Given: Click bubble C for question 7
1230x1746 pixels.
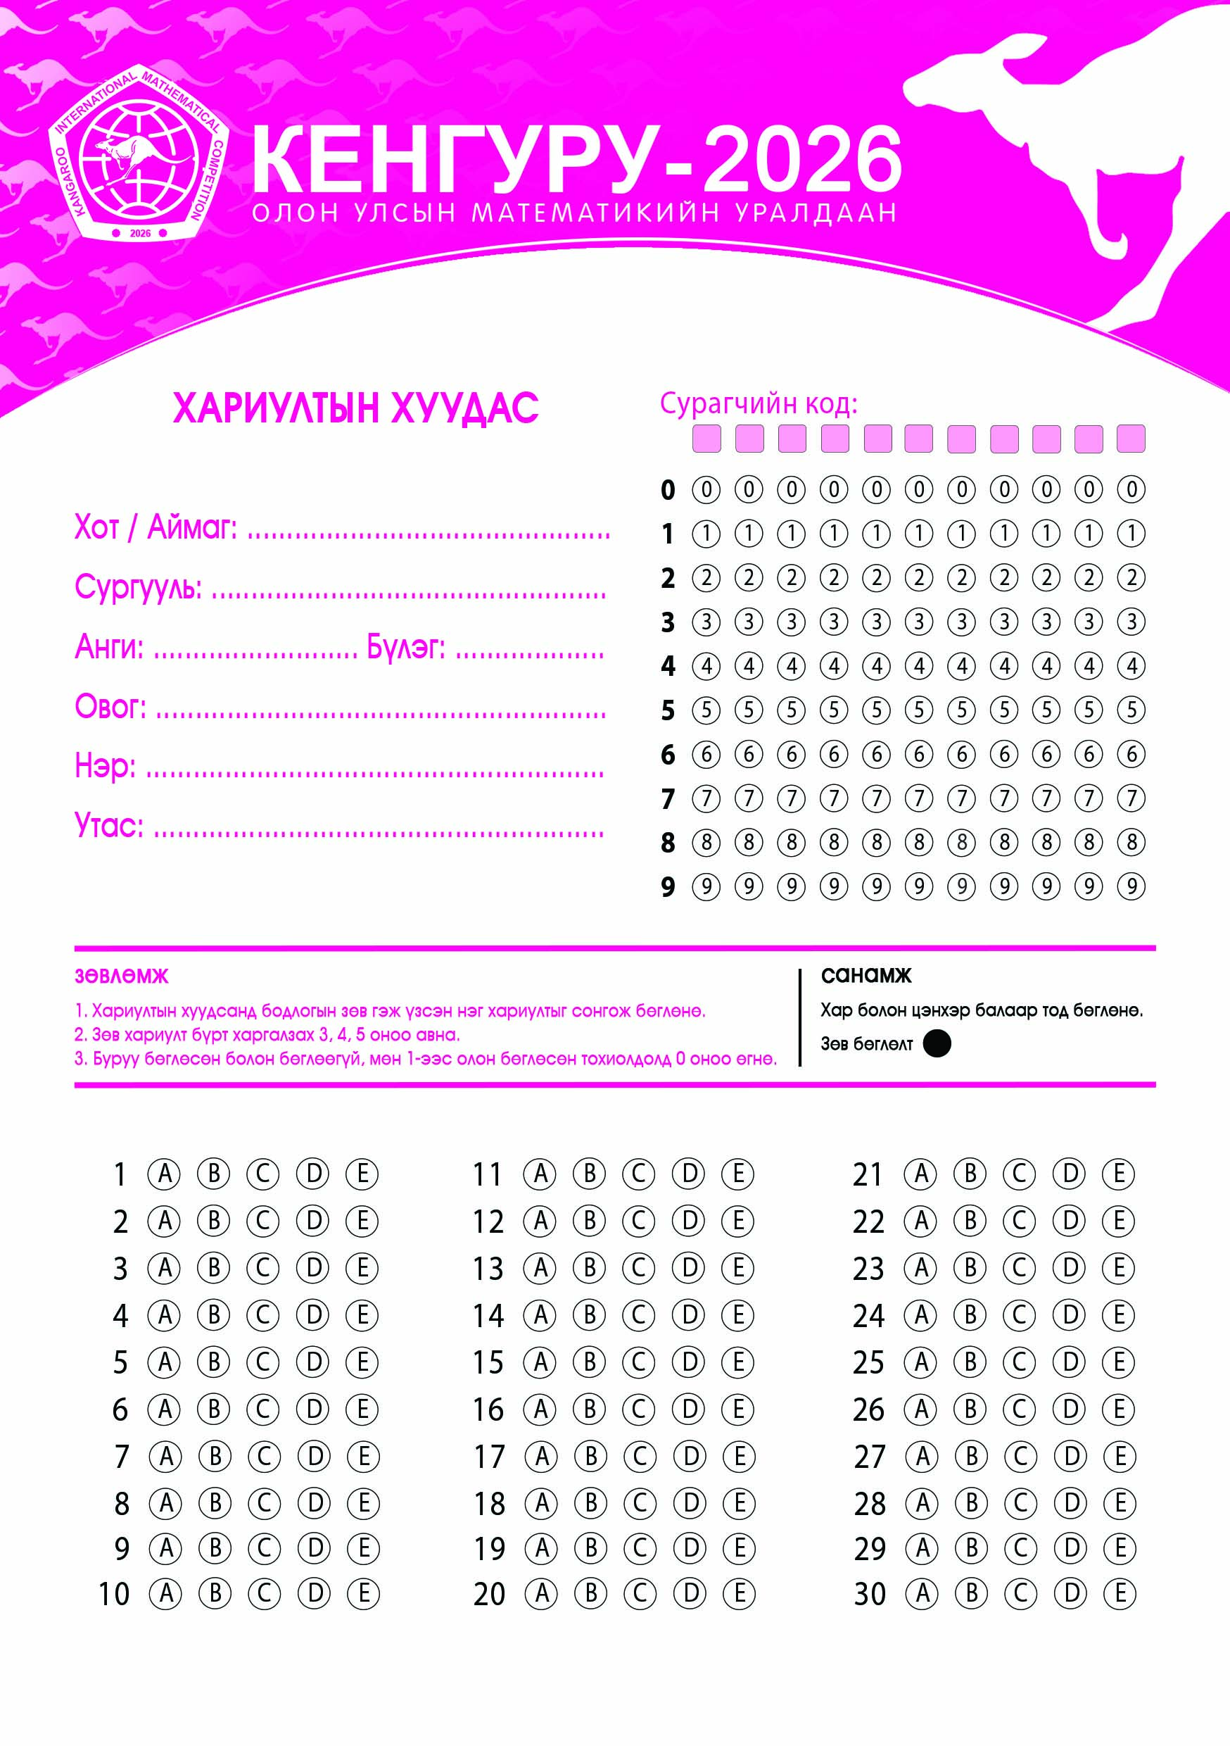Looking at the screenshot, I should click(x=264, y=1455).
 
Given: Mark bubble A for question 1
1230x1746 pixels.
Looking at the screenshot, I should click(x=164, y=1174).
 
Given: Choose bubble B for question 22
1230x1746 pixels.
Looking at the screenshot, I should click(x=970, y=1221).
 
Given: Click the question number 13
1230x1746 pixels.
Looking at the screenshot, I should click(x=488, y=1269).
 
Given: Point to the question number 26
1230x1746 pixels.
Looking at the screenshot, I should click(x=869, y=1409).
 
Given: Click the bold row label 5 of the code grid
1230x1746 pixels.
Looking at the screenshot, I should click(x=668, y=710).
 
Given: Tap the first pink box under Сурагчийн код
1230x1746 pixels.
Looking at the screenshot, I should click(x=706, y=439).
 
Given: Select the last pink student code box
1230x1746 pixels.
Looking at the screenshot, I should click(x=1130, y=439).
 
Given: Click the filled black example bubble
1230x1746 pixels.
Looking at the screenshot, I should click(x=937, y=1043).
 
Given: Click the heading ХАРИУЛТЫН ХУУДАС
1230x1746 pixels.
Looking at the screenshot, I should click(x=356, y=408).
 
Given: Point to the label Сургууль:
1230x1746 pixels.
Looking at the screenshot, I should click(x=139, y=587).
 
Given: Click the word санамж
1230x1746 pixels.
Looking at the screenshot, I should click(x=866, y=975).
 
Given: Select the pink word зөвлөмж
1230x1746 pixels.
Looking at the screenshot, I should click(x=122, y=976).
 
